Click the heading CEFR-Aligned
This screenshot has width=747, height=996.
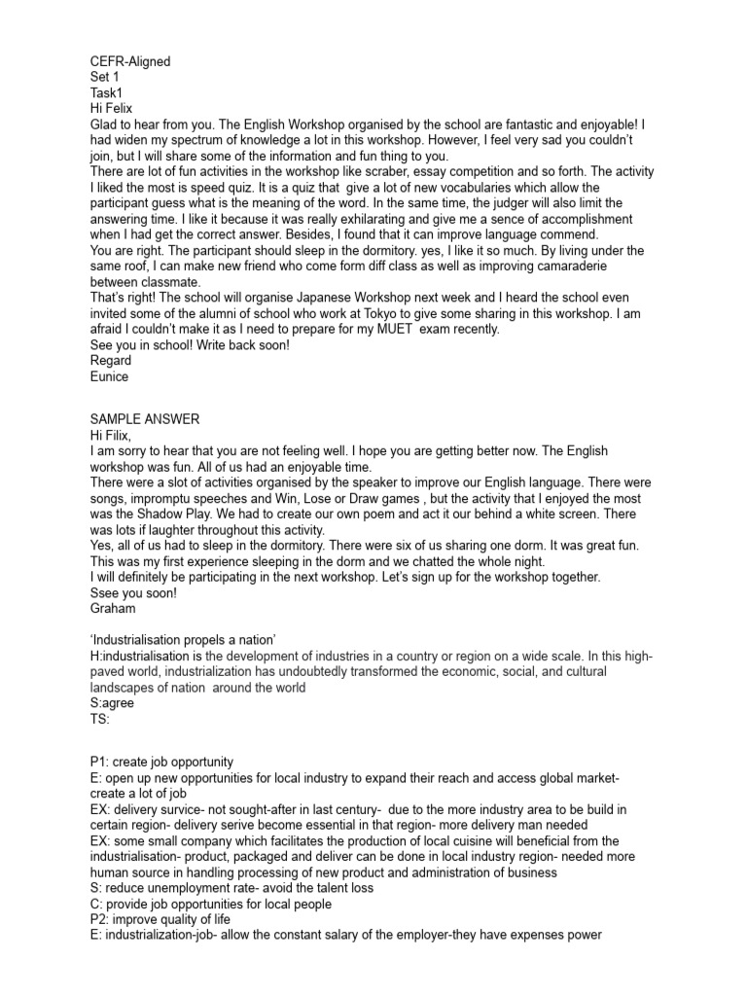coord(130,61)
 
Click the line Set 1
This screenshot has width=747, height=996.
coord(104,77)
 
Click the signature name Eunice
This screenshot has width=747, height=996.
coord(108,376)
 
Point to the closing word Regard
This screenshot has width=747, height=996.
coord(110,361)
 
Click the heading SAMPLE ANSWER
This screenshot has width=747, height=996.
coord(145,419)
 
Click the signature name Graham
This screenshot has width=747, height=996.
coord(112,608)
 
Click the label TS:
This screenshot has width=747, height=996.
coord(99,720)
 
